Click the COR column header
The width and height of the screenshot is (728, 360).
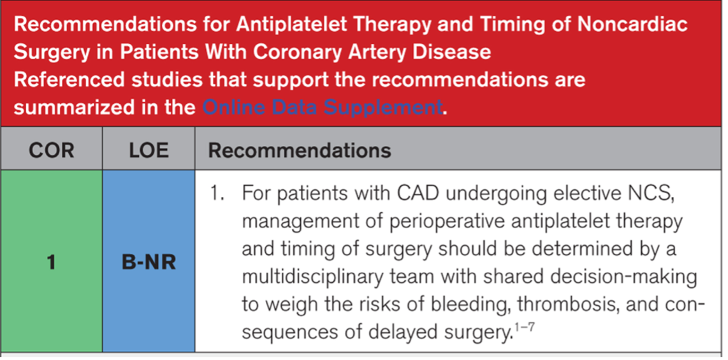tap(51, 151)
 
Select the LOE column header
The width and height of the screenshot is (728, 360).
tap(148, 151)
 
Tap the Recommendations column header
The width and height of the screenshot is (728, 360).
tap(300, 151)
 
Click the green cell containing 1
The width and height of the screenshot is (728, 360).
tap(51, 262)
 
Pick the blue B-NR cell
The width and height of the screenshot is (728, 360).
tap(149, 262)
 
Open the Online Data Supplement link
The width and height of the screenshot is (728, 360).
tap(321, 107)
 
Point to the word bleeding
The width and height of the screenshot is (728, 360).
tap(462, 305)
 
